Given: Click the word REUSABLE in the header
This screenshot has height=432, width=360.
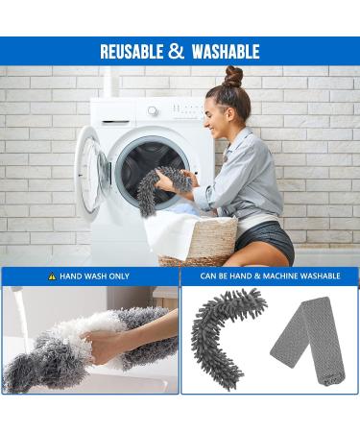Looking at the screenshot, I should [x=132, y=52].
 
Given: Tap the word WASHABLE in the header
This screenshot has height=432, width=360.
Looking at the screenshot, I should [x=226, y=52].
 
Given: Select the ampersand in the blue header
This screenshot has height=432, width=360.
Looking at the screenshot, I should [x=177, y=52].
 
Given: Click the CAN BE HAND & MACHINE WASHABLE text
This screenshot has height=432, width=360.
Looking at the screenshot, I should [x=270, y=276].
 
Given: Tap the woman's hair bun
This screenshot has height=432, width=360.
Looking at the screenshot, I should [x=233, y=76].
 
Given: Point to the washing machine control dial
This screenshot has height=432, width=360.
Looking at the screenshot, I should [x=153, y=110].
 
